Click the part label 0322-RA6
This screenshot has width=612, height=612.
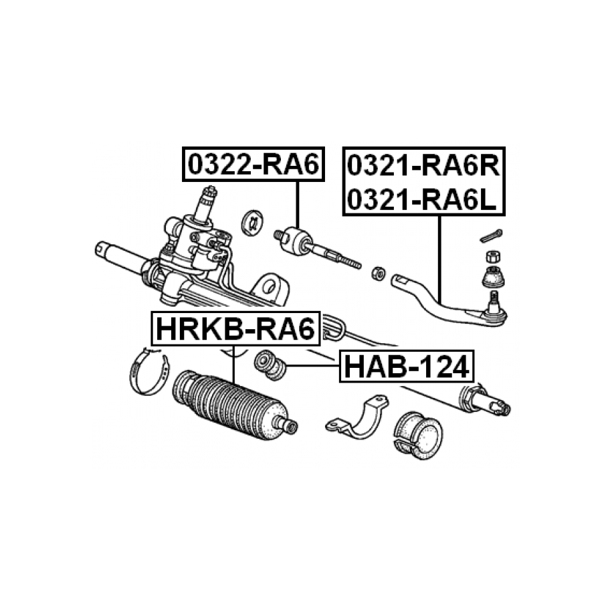tap(253, 165)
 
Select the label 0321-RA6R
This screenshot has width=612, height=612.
tap(423, 166)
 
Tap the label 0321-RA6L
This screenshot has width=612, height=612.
tap(421, 199)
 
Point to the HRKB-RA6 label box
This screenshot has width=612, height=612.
tap(235, 328)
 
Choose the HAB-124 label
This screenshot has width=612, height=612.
tap(407, 366)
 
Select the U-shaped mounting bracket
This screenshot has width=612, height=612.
tap(357, 417)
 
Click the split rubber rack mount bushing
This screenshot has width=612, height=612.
tap(417, 434)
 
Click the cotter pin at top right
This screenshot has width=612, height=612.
tap(491, 235)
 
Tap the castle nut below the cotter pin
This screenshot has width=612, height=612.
tap(494, 256)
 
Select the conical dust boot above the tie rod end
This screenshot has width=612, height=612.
tap(494, 277)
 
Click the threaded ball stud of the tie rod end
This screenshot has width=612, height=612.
tap(494, 301)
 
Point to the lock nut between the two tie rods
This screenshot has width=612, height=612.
tap(378, 273)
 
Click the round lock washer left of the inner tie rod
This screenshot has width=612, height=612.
tap(251, 223)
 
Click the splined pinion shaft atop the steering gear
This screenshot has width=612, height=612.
tap(206, 203)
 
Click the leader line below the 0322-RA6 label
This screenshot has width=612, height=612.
tap(298, 205)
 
